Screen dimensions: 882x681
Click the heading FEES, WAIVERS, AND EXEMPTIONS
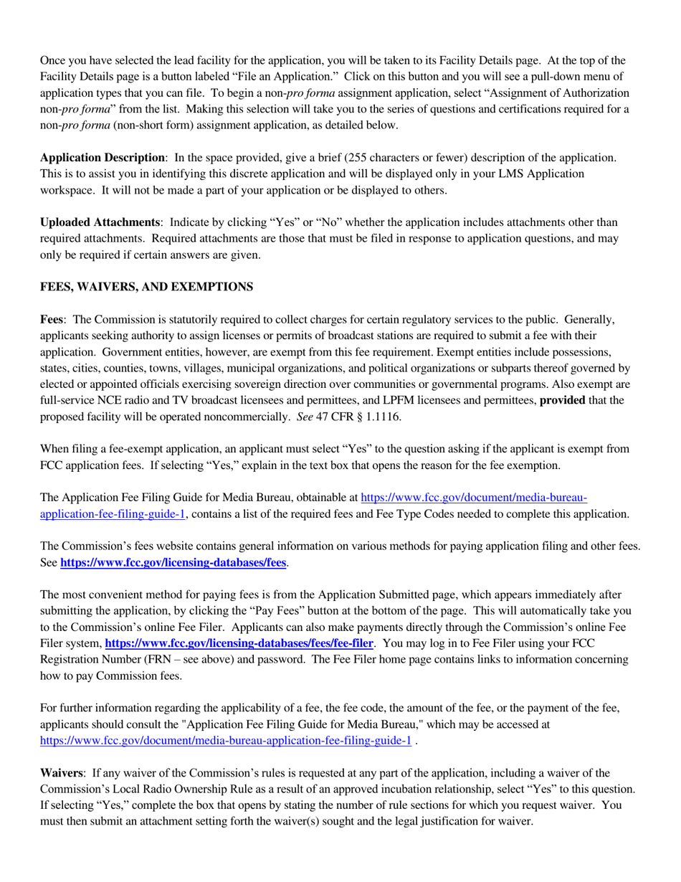coord(146,287)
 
